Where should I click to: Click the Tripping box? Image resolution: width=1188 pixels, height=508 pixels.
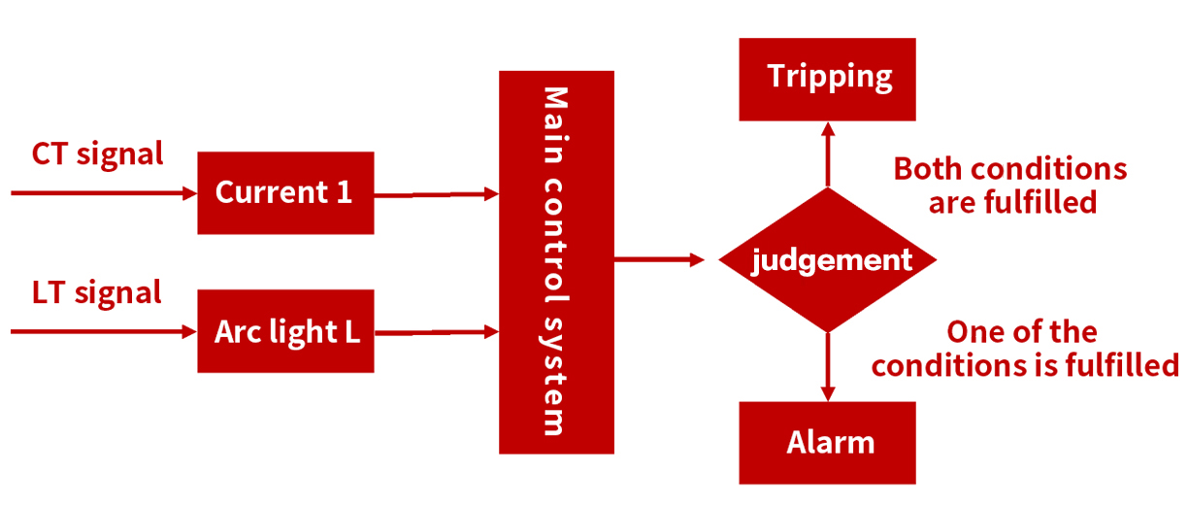click(827, 79)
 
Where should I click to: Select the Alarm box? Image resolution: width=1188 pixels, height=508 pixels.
click(827, 443)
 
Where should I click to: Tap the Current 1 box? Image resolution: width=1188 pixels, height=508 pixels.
click(285, 192)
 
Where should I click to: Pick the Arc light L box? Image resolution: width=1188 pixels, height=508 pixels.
click(285, 331)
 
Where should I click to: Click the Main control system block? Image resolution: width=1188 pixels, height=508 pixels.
click(556, 262)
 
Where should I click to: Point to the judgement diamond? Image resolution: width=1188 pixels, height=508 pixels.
click(827, 260)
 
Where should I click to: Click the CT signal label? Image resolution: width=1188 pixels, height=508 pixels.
click(97, 153)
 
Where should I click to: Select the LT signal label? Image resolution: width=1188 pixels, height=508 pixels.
click(97, 292)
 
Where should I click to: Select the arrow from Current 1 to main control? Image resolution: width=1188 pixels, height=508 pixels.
click(436, 194)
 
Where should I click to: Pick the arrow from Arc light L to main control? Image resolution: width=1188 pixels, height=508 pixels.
click(436, 333)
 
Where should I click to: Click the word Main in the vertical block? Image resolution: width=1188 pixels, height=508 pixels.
click(555, 119)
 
